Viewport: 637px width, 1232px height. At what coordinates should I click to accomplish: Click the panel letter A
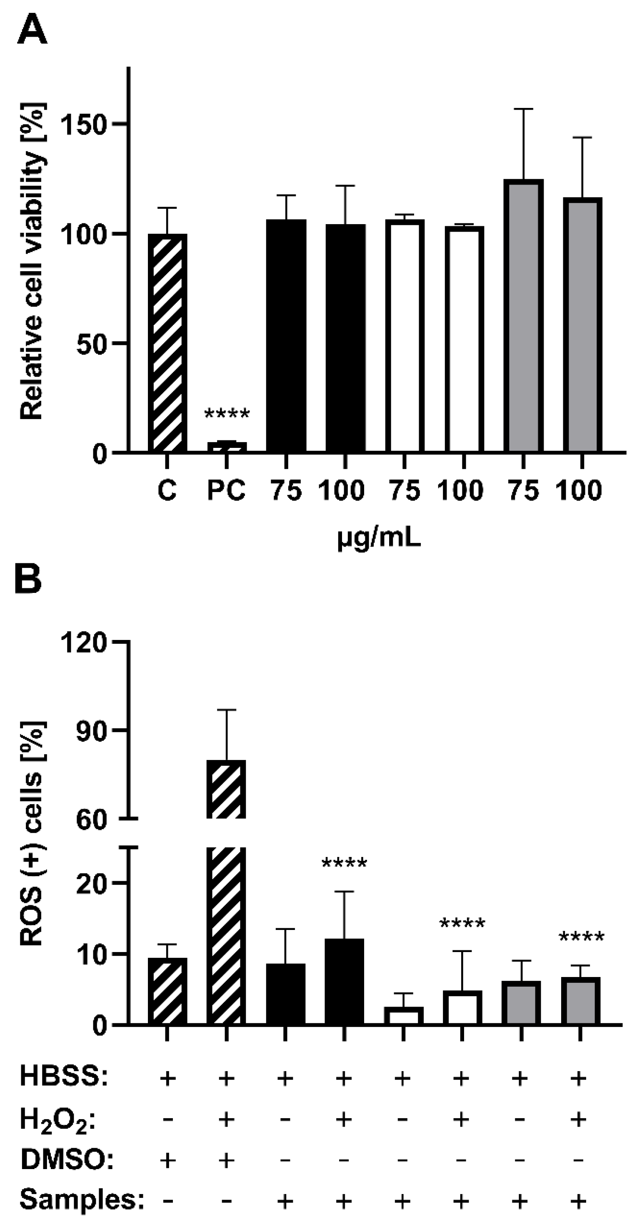(x=32, y=29)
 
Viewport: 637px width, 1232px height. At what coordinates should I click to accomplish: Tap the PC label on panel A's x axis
(x=226, y=491)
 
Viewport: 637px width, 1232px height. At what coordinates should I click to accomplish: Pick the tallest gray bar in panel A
(x=523, y=316)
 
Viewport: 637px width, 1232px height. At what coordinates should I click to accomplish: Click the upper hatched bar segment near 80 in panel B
(x=226, y=789)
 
